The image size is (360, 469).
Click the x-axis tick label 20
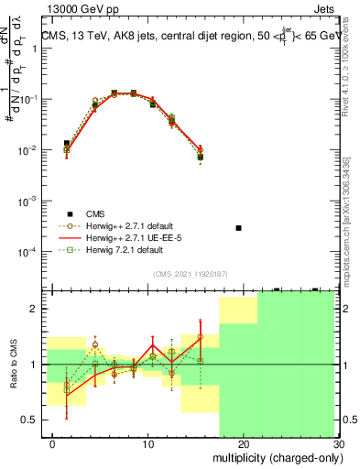point(235,444)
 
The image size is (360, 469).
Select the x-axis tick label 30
point(337,444)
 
